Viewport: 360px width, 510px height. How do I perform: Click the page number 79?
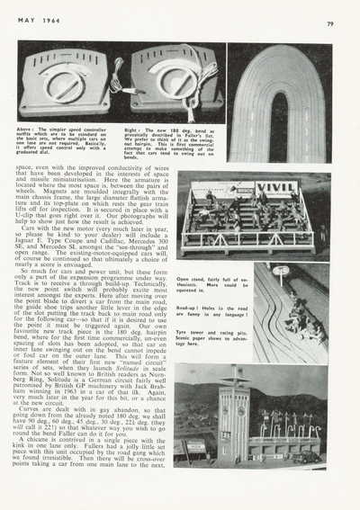pos(329,24)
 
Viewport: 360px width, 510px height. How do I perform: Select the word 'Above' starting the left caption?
pos(31,129)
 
